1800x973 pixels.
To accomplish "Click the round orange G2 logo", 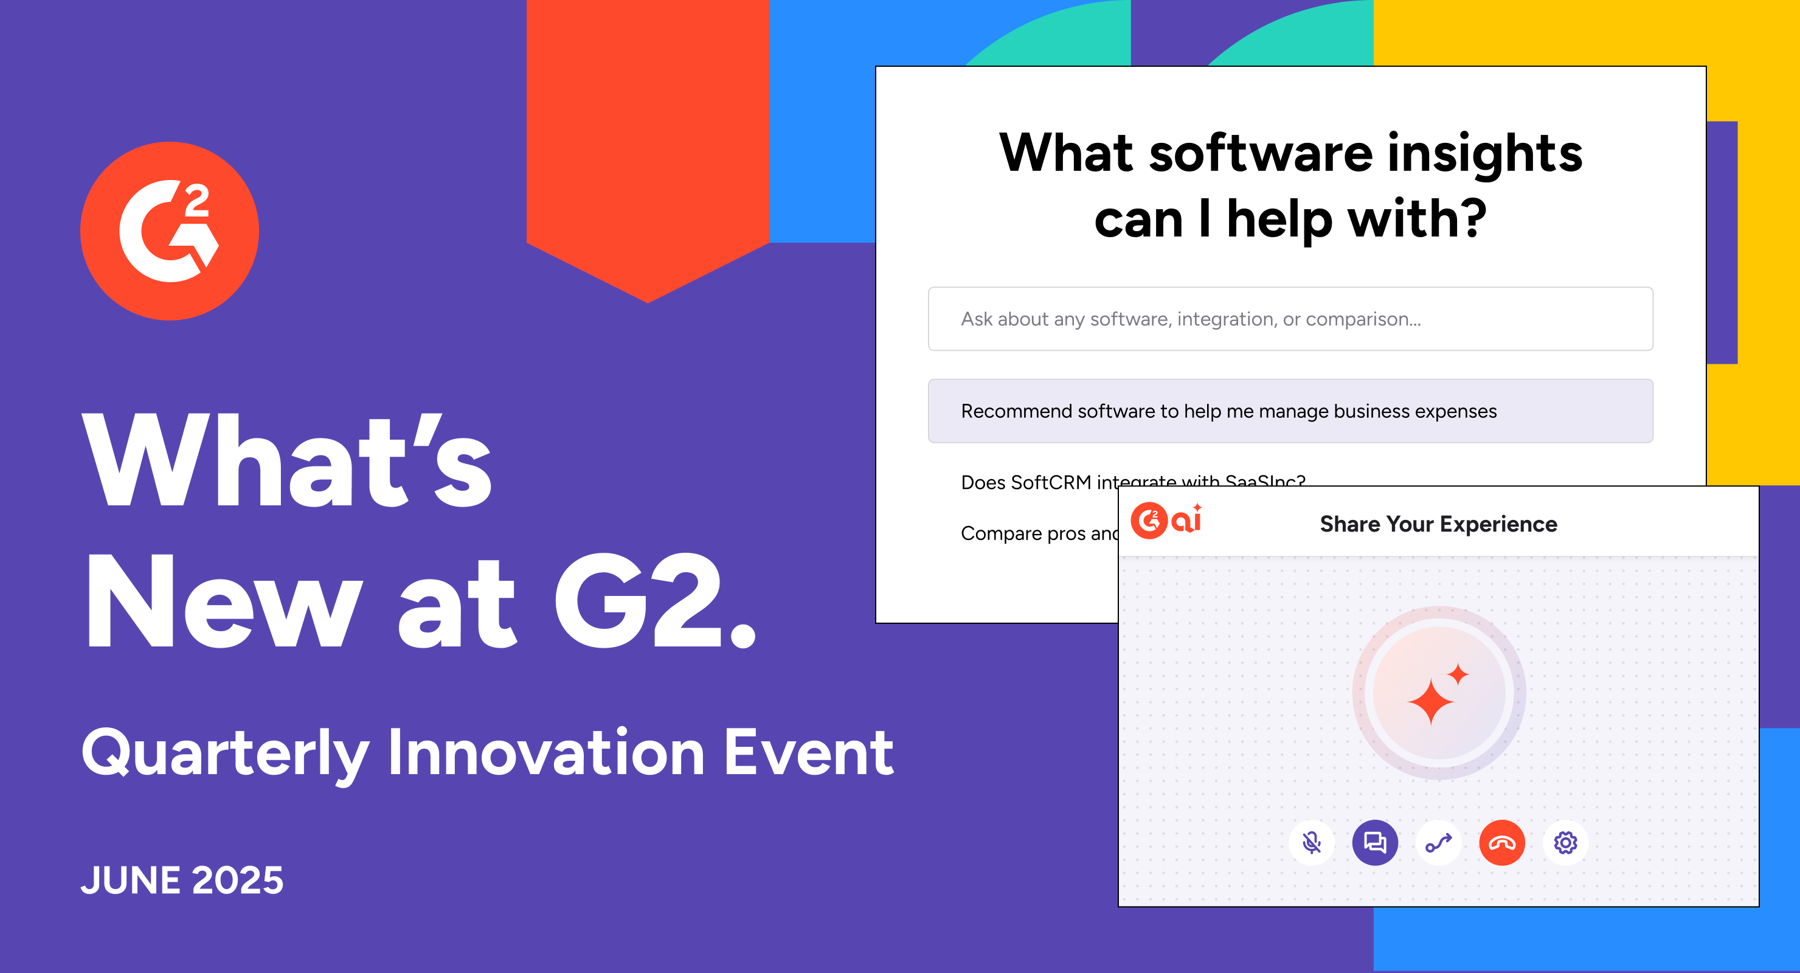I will [x=170, y=231].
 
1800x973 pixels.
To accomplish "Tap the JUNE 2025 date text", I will [x=182, y=879].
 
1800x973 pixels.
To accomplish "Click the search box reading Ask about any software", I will [x=1290, y=319].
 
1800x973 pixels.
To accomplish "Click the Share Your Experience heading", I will [x=1438, y=524].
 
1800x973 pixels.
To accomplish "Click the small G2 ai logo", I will [x=1166, y=521].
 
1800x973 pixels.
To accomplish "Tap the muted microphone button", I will [x=1312, y=843].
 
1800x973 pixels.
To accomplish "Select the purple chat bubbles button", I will [x=1374, y=843].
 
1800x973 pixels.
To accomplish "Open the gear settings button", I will [x=1565, y=843].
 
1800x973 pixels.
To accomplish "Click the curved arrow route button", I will [x=1438, y=843].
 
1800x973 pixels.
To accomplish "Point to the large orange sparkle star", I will [x=1430, y=701].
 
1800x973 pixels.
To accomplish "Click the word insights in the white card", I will [x=1484, y=154].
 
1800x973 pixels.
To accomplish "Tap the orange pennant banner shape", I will [x=648, y=140].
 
